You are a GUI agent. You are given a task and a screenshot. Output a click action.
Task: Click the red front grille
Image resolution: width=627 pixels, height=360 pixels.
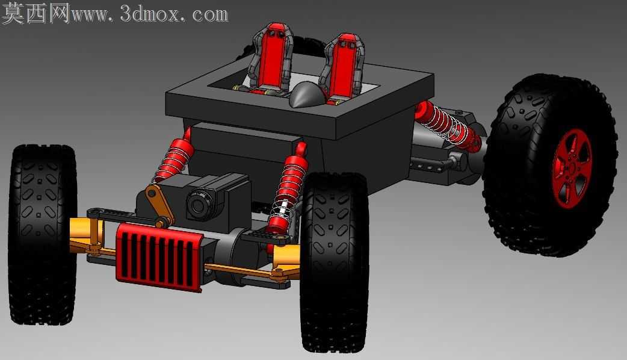(159, 256)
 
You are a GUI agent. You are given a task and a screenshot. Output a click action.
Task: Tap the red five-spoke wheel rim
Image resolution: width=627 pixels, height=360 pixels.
(572, 169)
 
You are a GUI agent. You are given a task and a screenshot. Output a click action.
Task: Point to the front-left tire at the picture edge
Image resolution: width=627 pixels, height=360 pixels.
(42, 234)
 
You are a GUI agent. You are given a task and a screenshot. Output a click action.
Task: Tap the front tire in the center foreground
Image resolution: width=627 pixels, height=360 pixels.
(335, 262)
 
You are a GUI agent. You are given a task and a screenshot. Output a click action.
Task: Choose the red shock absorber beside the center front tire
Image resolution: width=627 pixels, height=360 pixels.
(288, 188)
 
